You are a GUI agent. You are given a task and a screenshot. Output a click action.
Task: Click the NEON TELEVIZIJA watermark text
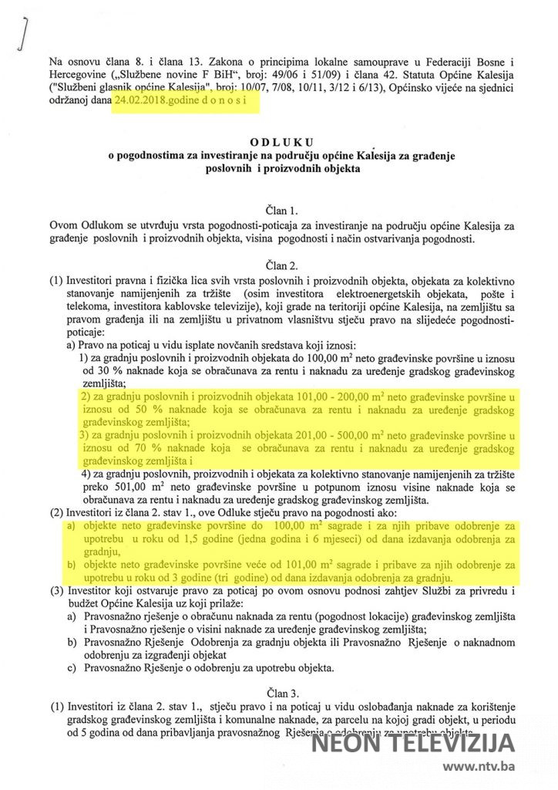[412, 745]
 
